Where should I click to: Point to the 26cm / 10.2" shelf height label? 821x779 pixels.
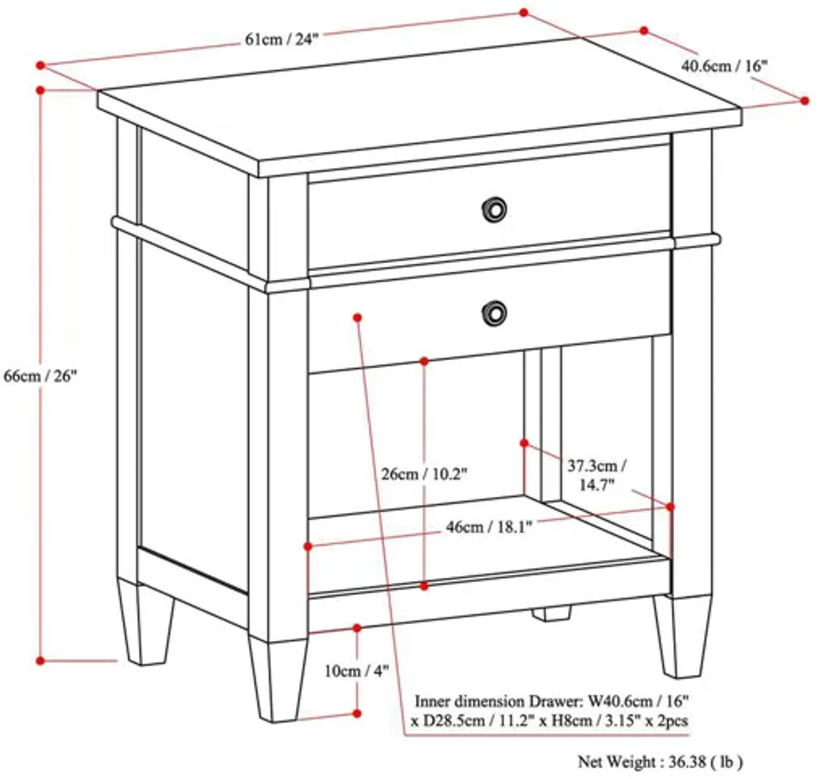click(424, 474)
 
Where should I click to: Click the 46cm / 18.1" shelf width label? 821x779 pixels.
click(489, 527)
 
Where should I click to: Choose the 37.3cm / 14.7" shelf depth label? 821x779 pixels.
click(597, 475)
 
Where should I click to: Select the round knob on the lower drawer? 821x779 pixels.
click(494, 313)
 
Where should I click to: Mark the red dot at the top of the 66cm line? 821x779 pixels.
click(40, 90)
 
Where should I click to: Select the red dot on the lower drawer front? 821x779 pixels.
click(357, 318)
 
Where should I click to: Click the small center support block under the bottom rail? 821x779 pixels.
click(551, 614)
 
